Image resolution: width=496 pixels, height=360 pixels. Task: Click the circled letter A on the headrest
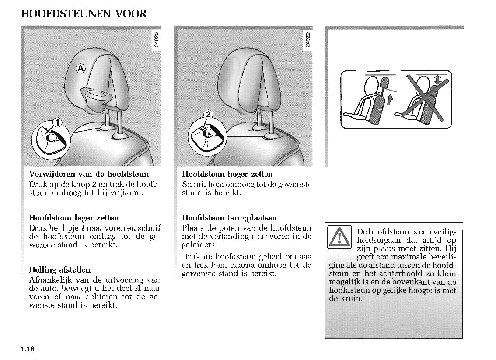[x=81, y=68]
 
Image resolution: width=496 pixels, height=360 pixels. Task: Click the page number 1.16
[x=27, y=349]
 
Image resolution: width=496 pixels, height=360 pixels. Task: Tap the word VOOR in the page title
[x=131, y=14]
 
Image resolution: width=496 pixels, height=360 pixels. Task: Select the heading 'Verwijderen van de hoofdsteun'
[x=89, y=174]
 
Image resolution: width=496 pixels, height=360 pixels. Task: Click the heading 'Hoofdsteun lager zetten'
[x=73, y=217]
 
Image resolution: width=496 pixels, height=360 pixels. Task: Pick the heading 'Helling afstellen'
[x=59, y=269]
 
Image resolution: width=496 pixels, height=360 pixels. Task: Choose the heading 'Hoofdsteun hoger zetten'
[x=227, y=174]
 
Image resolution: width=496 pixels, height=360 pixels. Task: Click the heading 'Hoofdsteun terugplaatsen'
[x=229, y=217]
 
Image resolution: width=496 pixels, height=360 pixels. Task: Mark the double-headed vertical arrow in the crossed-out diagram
[x=437, y=79]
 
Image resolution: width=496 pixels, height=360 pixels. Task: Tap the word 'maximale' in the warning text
[x=413, y=257]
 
